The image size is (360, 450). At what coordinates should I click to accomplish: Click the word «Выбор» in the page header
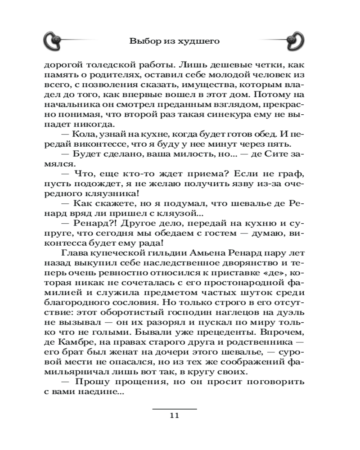click(x=141, y=41)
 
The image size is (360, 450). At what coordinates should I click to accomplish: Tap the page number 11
click(x=175, y=415)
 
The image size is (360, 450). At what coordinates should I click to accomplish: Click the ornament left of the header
click(x=55, y=41)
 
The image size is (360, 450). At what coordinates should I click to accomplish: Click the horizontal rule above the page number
click(x=175, y=409)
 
